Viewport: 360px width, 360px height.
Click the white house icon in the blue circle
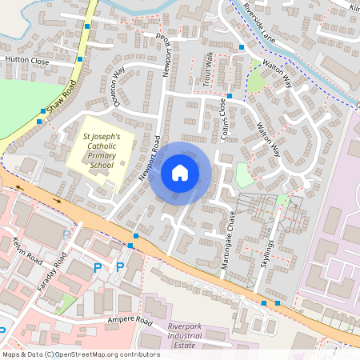[180, 172]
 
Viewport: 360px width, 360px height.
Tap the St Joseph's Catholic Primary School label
[102, 150]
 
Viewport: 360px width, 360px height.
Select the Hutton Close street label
[27, 60]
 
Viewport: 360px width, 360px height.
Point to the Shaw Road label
[64, 99]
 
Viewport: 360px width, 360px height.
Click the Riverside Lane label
[275, 25]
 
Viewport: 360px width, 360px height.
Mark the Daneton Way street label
[120, 86]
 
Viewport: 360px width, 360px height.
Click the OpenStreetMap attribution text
[81, 354]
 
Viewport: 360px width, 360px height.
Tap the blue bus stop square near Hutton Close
[79, 58]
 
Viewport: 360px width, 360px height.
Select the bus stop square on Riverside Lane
[241, 47]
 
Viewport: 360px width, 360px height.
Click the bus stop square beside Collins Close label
[230, 96]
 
